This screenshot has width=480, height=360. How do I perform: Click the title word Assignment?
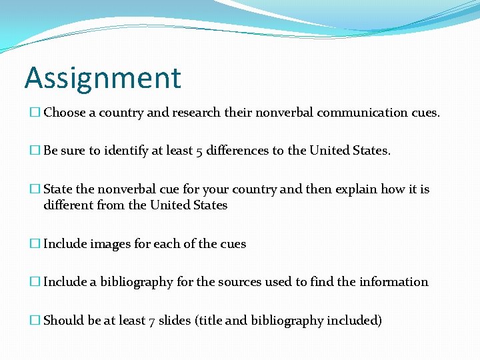(x=103, y=77)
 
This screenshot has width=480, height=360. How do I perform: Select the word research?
(x=195, y=113)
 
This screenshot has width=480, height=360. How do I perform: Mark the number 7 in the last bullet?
(x=150, y=321)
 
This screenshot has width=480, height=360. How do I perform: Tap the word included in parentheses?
(x=354, y=321)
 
